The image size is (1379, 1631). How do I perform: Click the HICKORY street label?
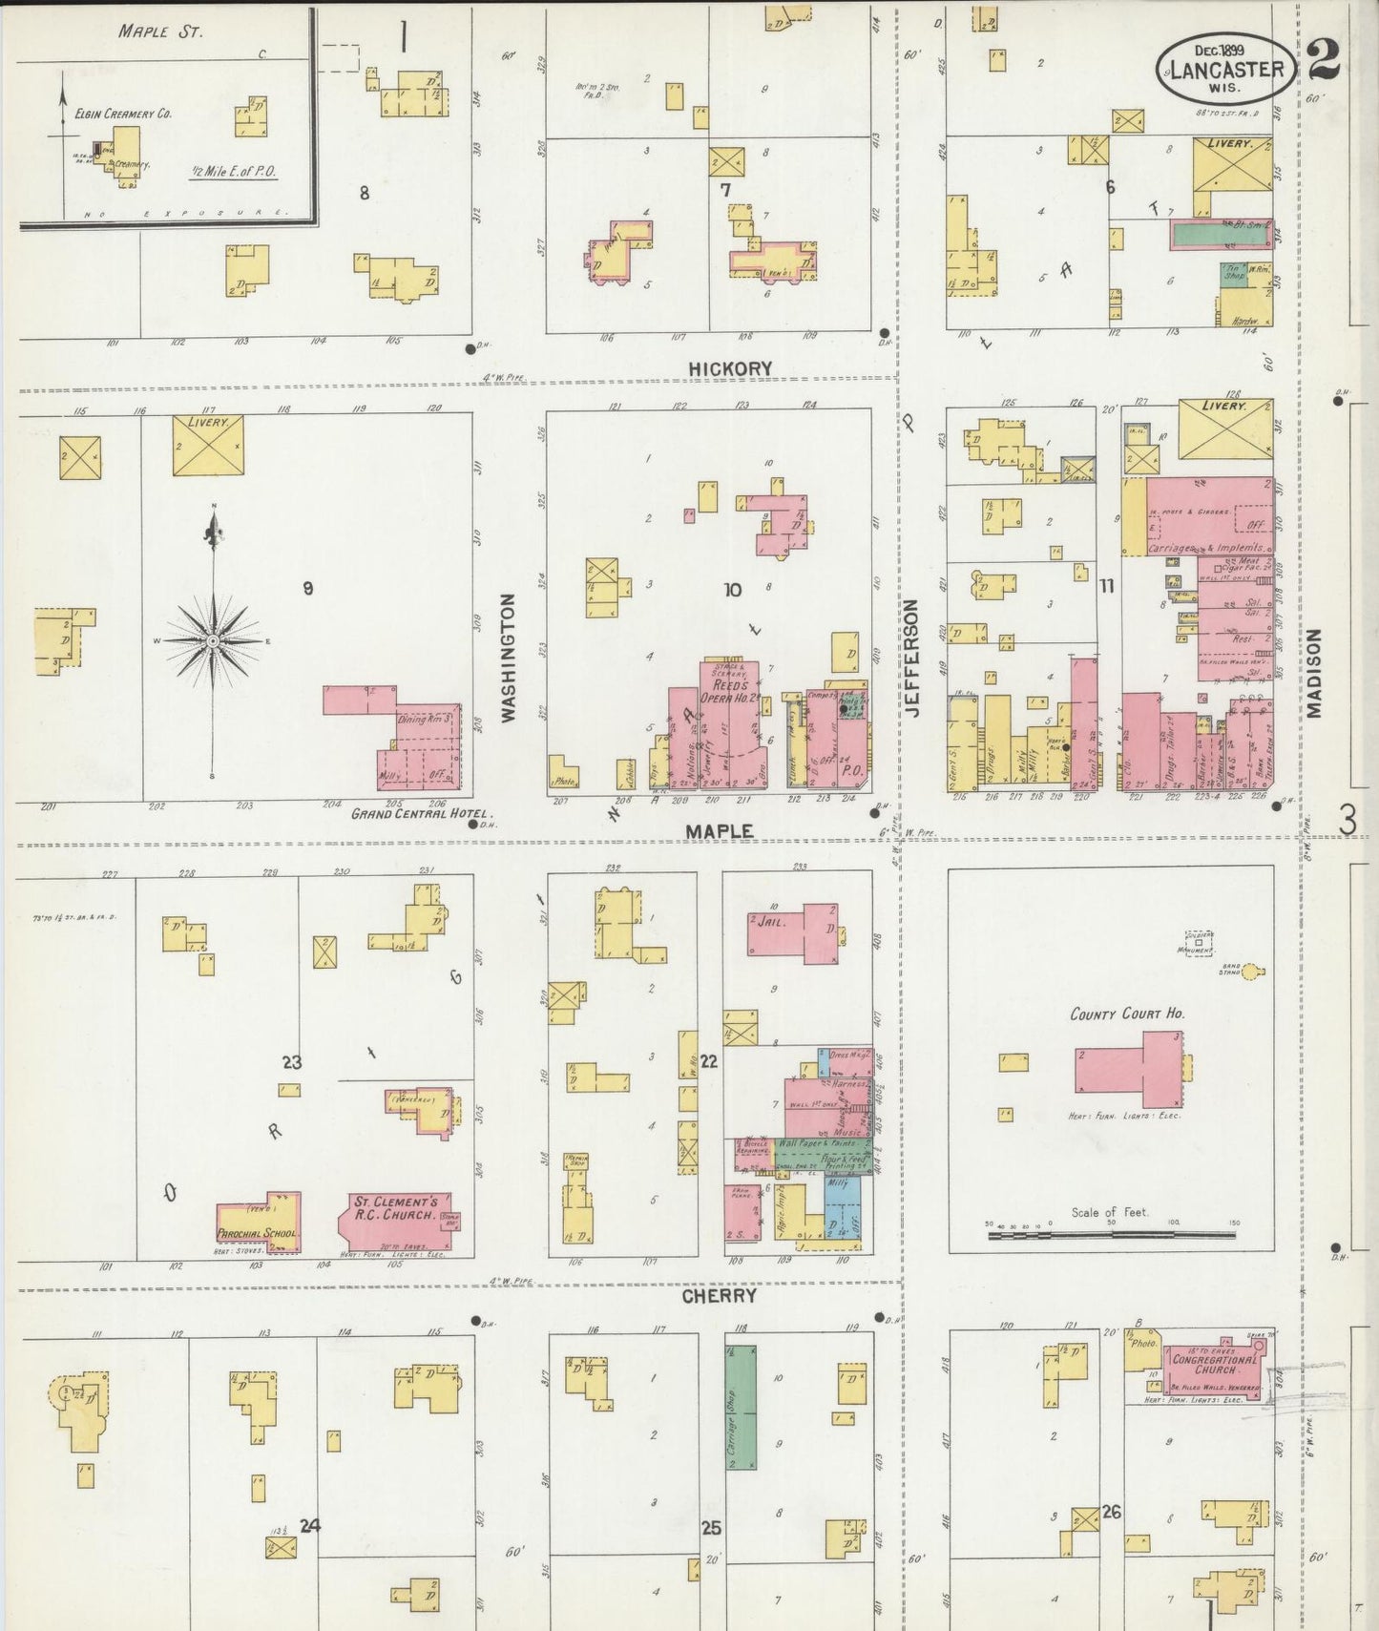730,368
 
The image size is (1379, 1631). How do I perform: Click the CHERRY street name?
719,1296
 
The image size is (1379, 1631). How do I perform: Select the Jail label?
770,923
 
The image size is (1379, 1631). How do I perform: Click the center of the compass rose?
213,641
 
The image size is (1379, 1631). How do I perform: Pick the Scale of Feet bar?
1112,1235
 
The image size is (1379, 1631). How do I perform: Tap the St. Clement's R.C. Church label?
396,1208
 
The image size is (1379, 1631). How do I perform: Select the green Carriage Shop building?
742,1407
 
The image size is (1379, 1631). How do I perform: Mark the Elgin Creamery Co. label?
123,114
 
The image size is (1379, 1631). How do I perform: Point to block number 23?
292,1062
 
